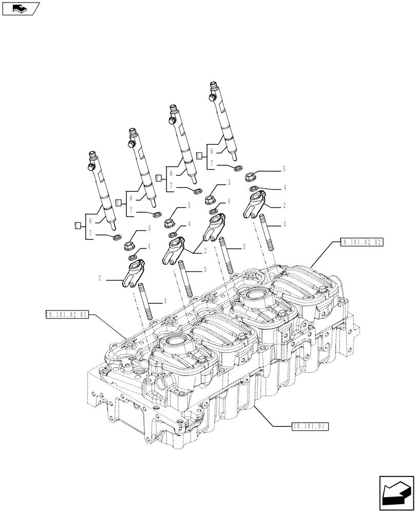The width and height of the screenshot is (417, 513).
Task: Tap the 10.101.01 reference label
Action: [310, 426]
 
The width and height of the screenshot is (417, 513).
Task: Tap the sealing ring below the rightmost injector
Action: [238, 168]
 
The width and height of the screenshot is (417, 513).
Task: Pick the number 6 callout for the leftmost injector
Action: [91, 221]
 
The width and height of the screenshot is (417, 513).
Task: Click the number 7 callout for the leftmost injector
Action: [91, 233]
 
